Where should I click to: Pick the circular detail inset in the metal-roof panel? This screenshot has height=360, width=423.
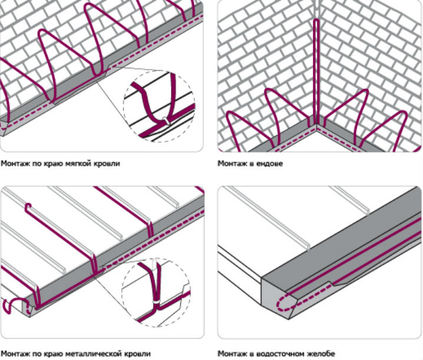(x=156, y=292)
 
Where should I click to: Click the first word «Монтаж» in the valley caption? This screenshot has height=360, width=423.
(x=230, y=164)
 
